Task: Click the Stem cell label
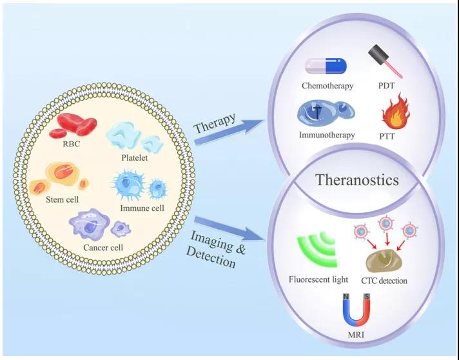click(x=62, y=199)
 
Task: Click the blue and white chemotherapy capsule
click(x=326, y=66)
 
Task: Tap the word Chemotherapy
click(x=327, y=86)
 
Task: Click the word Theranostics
click(x=356, y=180)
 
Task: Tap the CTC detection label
click(x=386, y=281)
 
